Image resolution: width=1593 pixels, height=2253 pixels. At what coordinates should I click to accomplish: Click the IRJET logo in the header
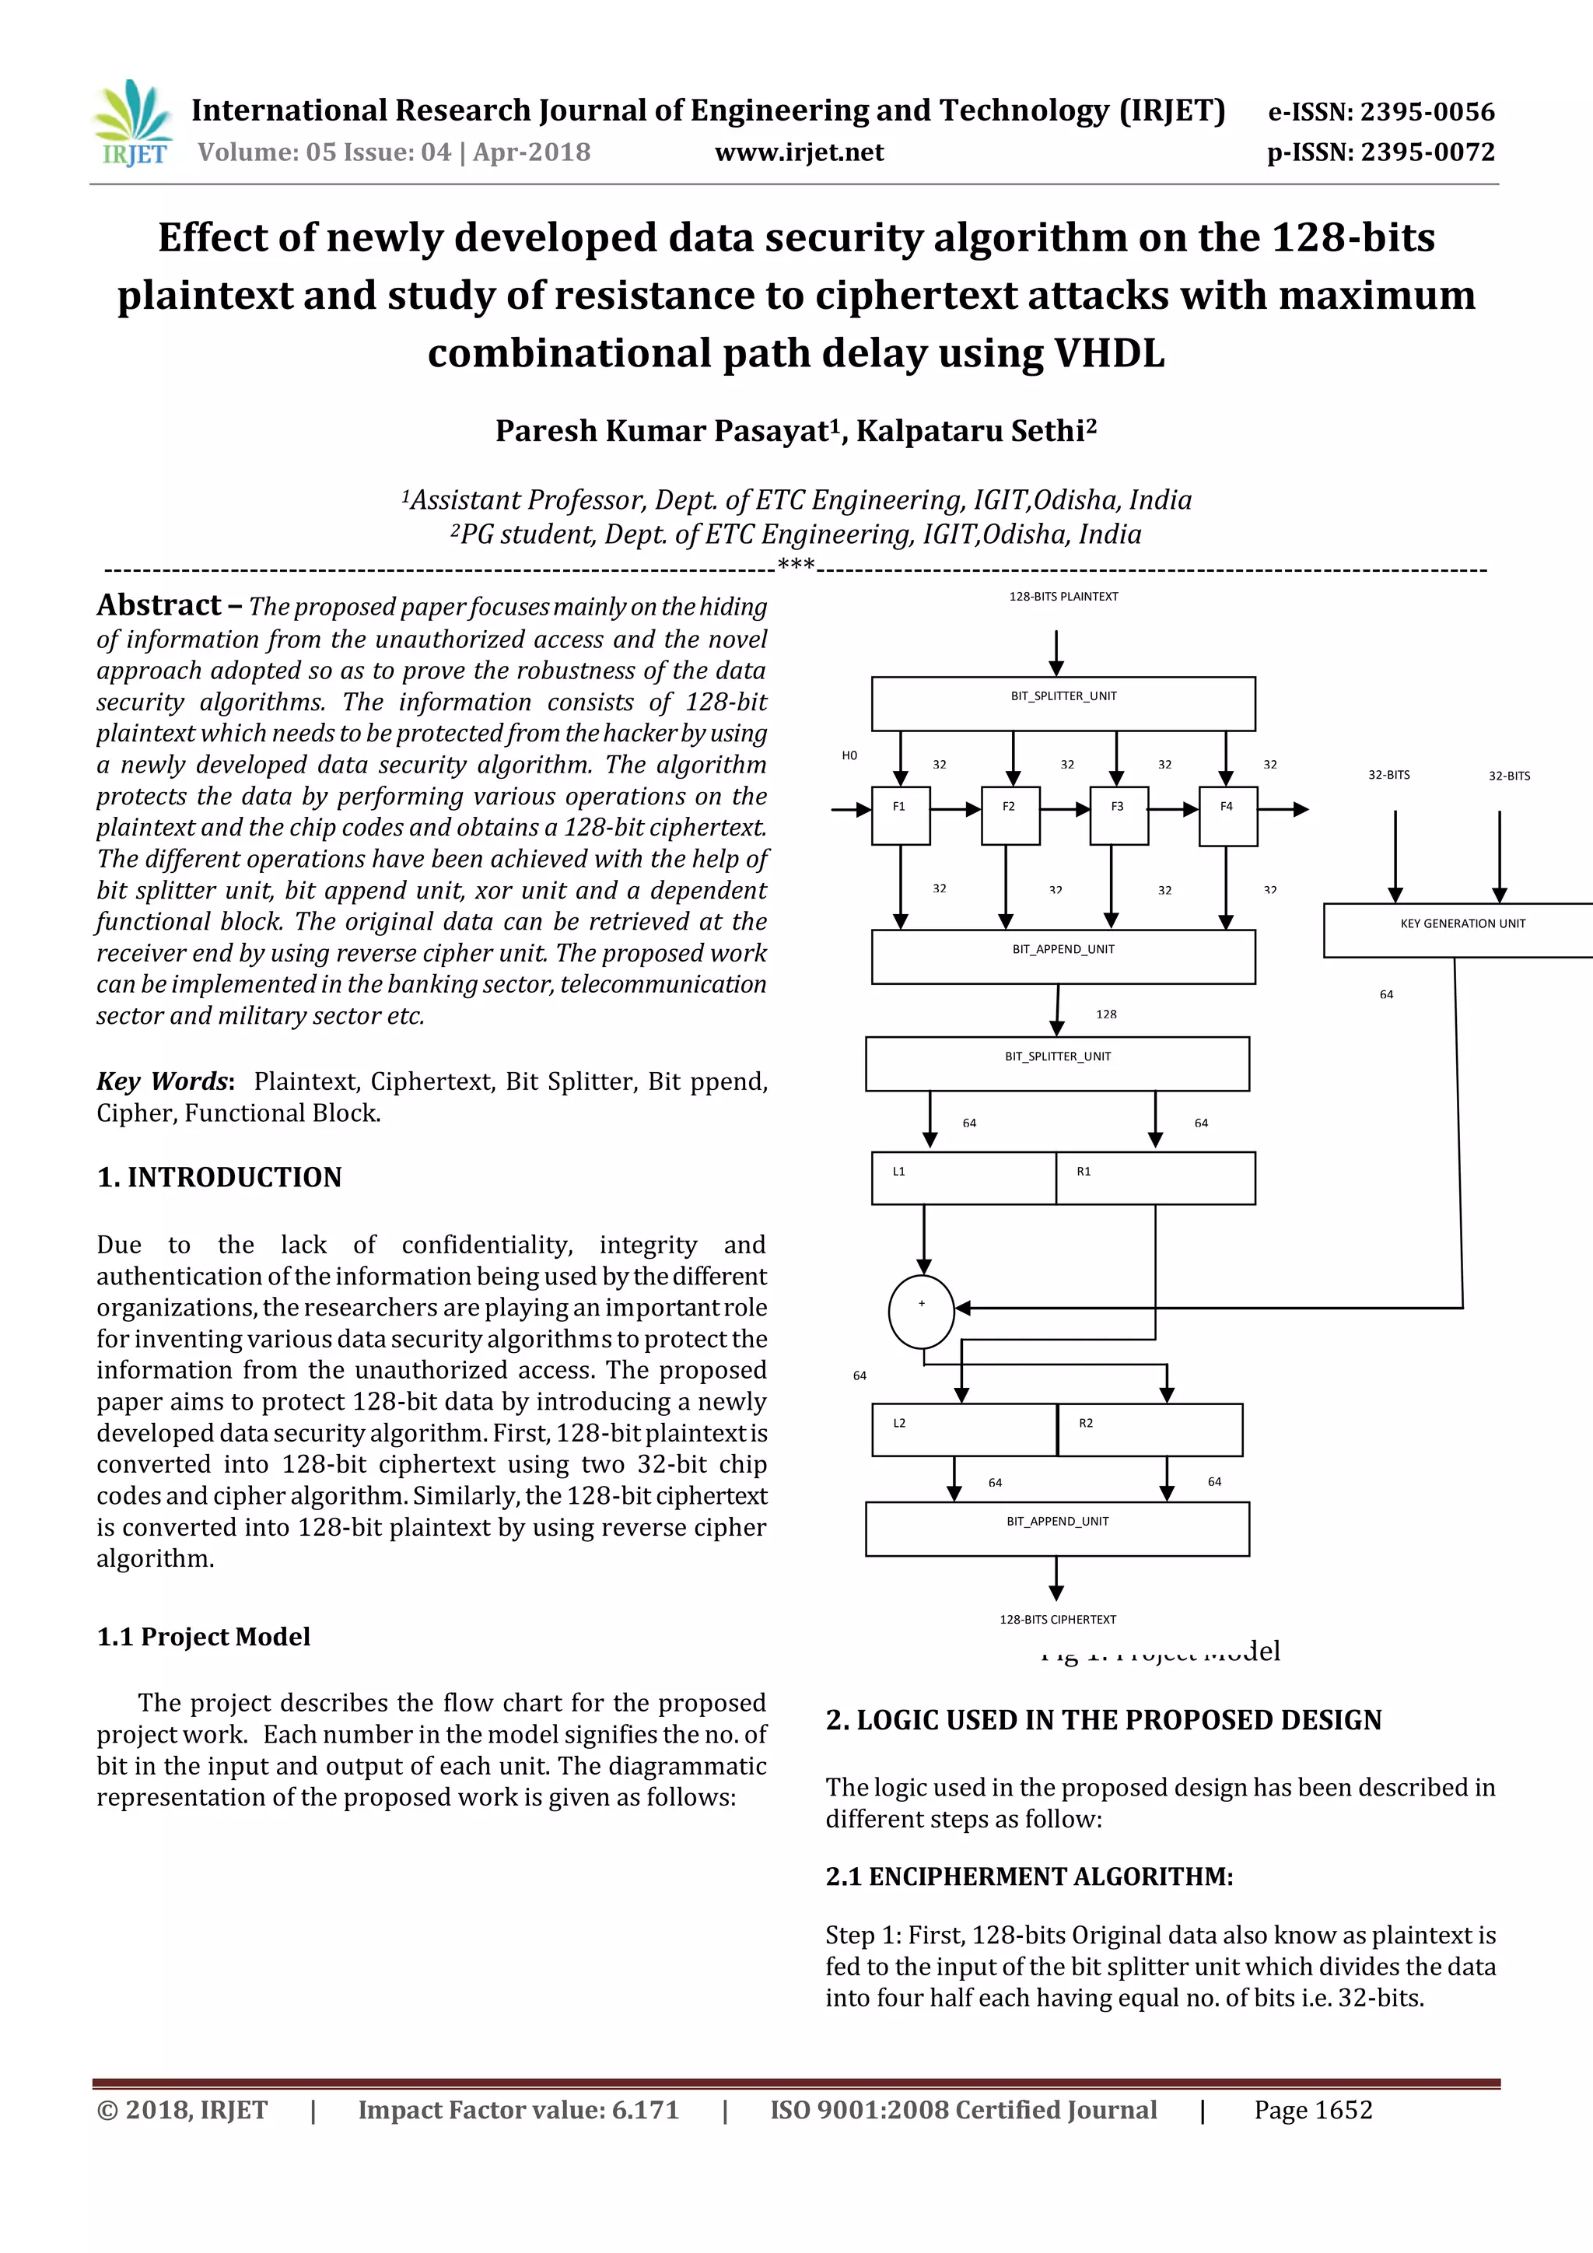click(x=132, y=124)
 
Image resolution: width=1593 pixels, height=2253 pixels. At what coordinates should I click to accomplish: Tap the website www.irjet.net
click(x=799, y=152)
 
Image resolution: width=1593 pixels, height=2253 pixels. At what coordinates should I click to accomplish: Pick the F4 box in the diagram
click(x=1227, y=815)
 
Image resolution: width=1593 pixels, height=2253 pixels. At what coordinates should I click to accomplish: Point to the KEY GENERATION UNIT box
click(x=1462, y=928)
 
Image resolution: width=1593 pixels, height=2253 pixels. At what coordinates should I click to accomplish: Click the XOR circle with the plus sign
click(x=921, y=1312)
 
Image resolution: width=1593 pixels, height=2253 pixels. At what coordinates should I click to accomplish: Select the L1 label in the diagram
click(x=898, y=1172)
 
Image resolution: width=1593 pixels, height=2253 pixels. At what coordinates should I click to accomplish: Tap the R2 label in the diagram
click(x=1086, y=1423)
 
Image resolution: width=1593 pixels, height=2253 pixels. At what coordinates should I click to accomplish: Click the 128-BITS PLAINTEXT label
click(x=1063, y=597)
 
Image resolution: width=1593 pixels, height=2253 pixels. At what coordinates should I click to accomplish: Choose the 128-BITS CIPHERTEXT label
click(x=1057, y=1619)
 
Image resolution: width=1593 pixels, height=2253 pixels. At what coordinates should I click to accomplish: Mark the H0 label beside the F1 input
click(x=849, y=755)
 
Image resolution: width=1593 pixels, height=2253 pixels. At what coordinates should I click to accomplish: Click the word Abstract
click(x=159, y=605)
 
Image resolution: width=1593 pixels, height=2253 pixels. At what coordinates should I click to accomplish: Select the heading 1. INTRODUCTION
click(x=219, y=1178)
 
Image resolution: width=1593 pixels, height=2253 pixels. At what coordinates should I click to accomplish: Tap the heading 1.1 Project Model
click(x=203, y=1637)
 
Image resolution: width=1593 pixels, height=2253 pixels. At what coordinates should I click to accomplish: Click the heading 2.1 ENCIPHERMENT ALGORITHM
click(x=1029, y=1876)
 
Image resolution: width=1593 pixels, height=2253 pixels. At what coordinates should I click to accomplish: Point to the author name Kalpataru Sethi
click(x=976, y=431)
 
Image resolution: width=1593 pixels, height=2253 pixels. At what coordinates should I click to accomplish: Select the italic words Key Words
click(x=163, y=1081)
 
